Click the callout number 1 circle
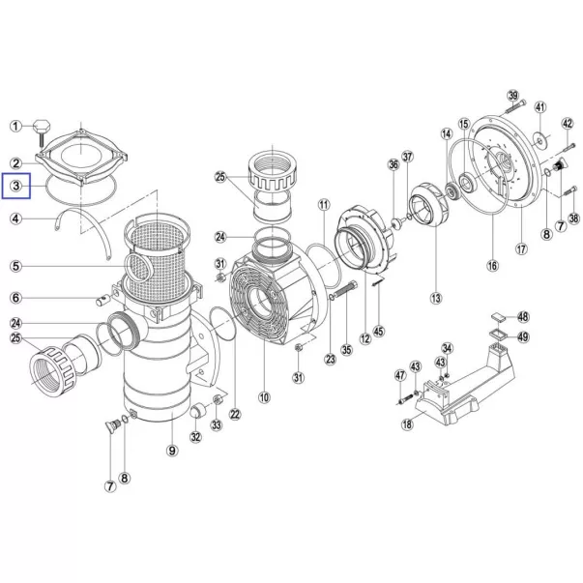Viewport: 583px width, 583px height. pos(15,126)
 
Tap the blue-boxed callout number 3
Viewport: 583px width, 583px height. pos(16,186)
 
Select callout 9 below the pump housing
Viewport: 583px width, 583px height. pos(172,451)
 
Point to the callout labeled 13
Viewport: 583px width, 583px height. pos(436,298)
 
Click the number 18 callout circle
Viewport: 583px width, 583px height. pos(407,423)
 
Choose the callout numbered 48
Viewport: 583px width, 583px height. pos(523,317)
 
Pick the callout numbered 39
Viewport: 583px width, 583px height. pos(513,96)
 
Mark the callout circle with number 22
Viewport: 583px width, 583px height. pos(235,414)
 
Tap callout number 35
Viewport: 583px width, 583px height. pos(346,349)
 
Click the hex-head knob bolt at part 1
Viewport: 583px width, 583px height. pos(41,132)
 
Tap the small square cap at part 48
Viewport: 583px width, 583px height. pos(498,317)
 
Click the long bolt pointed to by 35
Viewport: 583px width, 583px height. pos(346,290)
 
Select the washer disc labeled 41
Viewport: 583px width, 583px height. pos(539,139)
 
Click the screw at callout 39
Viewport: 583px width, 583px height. pos(516,106)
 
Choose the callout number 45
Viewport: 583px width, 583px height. pos(378,331)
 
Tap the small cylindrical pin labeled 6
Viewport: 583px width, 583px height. pos(103,300)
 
